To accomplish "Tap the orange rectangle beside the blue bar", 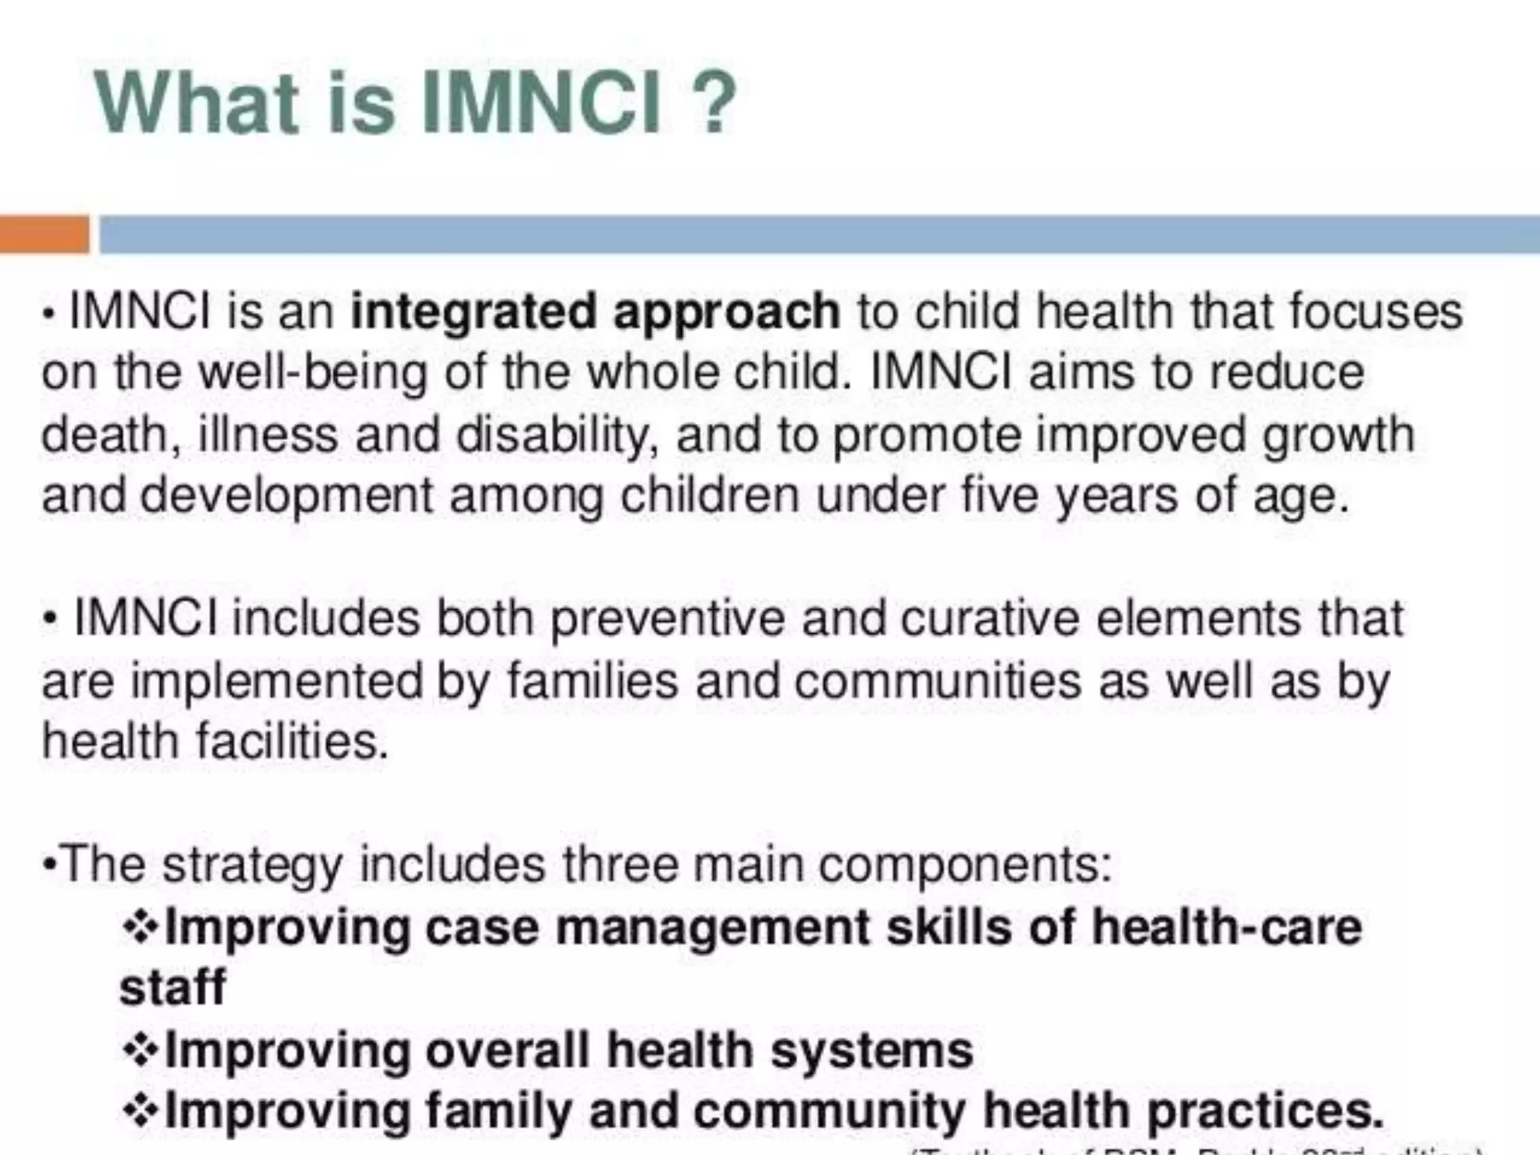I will click(x=44, y=234).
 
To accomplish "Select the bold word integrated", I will click(x=473, y=312).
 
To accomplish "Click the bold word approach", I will click(x=726, y=312).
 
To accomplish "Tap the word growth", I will click(x=1338, y=435).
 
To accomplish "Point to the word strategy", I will click(x=252, y=865).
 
